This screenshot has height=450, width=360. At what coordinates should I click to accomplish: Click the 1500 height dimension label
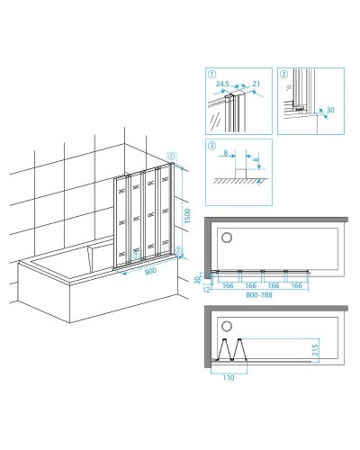pyautogui.click(x=187, y=216)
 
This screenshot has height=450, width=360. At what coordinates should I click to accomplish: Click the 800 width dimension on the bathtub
pyautogui.click(x=150, y=271)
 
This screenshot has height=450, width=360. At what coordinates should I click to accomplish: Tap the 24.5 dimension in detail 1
pyautogui.click(x=222, y=84)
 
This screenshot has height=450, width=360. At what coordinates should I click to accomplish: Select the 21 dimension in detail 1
pyautogui.click(x=256, y=84)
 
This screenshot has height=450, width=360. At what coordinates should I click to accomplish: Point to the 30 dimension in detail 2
pyautogui.click(x=330, y=110)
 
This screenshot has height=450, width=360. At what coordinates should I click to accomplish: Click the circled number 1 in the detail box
pyautogui.click(x=211, y=74)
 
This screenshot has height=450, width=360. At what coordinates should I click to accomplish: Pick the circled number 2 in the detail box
pyautogui.click(x=283, y=74)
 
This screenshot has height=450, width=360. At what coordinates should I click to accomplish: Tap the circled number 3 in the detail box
pyautogui.click(x=211, y=146)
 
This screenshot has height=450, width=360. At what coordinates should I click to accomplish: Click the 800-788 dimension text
pyautogui.click(x=259, y=295)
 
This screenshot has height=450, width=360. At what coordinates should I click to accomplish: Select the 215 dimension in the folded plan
pyautogui.click(x=315, y=350)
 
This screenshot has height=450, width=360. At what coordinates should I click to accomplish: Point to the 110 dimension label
pyautogui.click(x=229, y=378)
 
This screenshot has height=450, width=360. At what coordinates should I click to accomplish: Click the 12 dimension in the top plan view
pyautogui.click(x=207, y=290)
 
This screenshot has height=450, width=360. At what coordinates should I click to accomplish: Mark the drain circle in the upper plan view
pyautogui.click(x=227, y=238)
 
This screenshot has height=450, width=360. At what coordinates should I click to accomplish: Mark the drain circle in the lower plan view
pyautogui.click(x=227, y=327)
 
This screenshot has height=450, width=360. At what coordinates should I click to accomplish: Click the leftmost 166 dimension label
pyautogui.click(x=228, y=285)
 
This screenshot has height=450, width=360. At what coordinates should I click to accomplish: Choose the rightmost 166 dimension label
pyautogui.click(x=296, y=285)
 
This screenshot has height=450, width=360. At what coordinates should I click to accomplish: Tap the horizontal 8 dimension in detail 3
pyautogui.click(x=226, y=153)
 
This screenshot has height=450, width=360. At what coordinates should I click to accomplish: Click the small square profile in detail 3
pyautogui.click(x=240, y=174)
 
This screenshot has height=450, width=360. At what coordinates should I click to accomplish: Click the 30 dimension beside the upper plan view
pyautogui.click(x=197, y=280)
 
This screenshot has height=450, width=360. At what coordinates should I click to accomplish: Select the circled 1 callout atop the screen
pyautogui.click(x=171, y=157)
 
